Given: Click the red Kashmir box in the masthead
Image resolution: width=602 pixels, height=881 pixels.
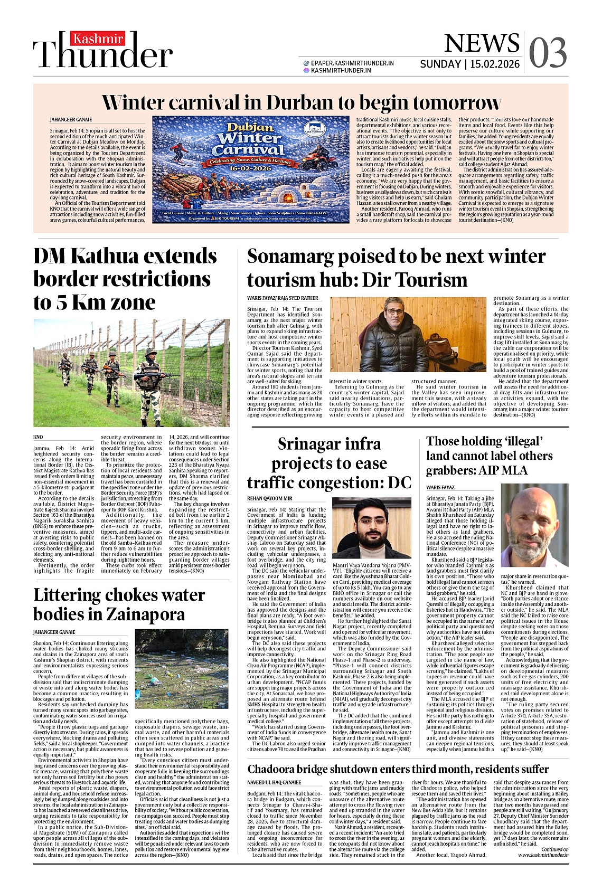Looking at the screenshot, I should pyautogui.click(x=98, y=39).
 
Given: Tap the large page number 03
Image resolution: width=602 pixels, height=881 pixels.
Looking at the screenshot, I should pyautogui.click(x=548, y=53).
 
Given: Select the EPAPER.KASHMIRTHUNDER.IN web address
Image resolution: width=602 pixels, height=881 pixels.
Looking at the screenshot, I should pyautogui.click(x=352, y=63).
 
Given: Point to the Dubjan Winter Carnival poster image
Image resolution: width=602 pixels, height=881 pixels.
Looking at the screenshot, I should pyautogui.click(x=251, y=169).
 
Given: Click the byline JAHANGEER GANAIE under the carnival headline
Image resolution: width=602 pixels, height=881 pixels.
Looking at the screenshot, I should pyautogui.click(x=71, y=120).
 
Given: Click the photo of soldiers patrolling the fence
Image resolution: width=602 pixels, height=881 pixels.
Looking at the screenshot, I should pyautogui.click(x=131, y=373).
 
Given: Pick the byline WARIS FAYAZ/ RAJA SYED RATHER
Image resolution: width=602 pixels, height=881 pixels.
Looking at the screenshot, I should pyautogui.click(x=283, y=298).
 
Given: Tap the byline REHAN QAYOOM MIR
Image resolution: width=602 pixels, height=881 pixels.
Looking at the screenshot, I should pyautogui.click(x=269, y=498).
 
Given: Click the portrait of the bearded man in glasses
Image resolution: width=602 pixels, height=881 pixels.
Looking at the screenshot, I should pyautogui.click(x=371, y=528).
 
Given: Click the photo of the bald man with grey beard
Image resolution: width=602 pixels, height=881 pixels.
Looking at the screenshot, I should pyautogui.click(x=534, y=533).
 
